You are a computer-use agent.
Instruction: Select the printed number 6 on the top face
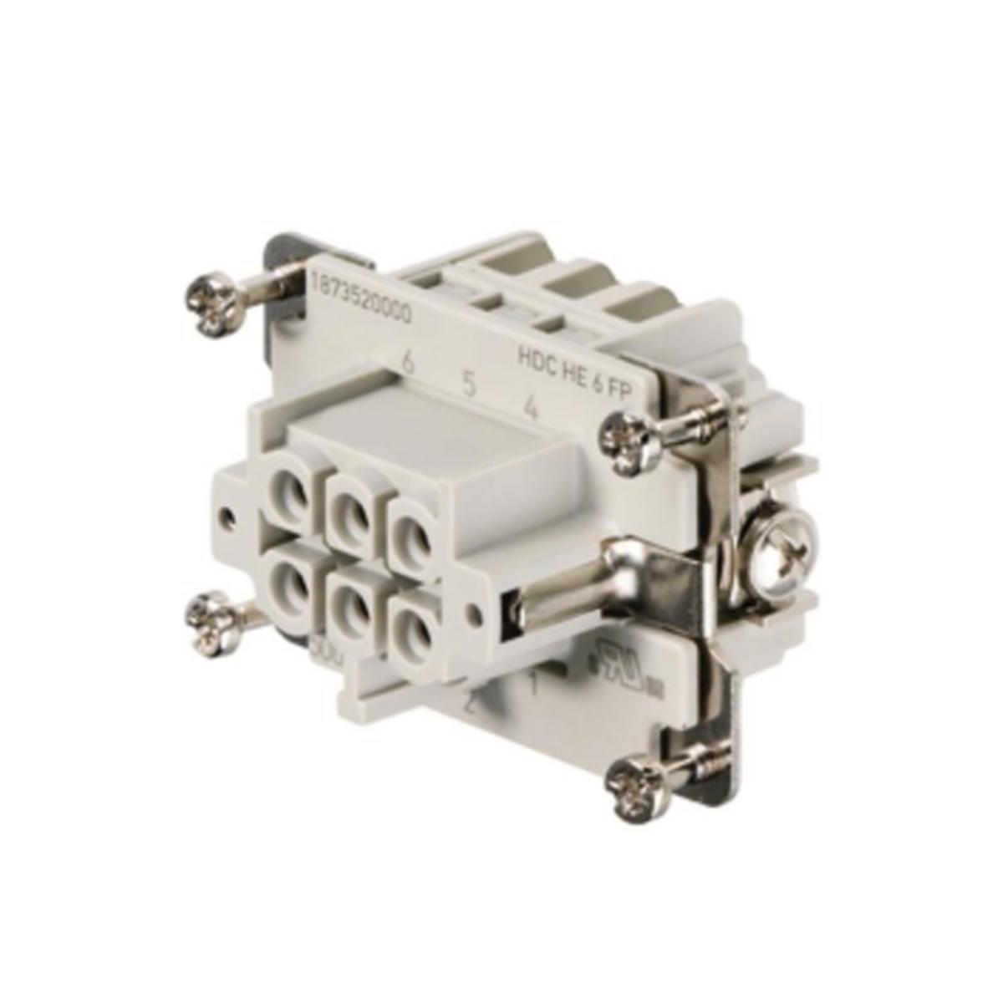click(409, 364)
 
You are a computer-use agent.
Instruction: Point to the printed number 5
click(470, 387)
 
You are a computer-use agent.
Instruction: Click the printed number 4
click(529, 409)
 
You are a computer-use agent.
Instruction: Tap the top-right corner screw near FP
click(626, 440)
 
